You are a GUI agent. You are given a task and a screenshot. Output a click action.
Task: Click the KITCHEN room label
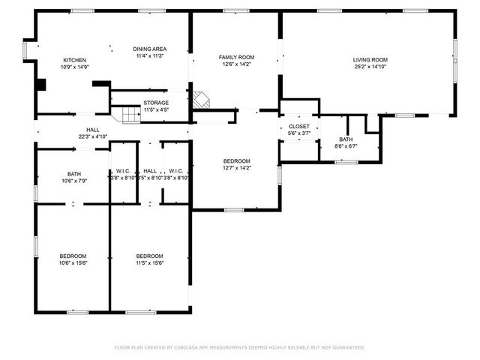click(75, 60)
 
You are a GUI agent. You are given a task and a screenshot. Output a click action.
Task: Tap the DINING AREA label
click(150, 48)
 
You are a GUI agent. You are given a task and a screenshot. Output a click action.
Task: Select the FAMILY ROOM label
click(236, 57)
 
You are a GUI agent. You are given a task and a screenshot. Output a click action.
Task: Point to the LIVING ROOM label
click(370, 60)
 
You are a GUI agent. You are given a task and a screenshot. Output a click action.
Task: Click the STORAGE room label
click(156, 103)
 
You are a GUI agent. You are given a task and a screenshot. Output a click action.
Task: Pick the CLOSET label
click(299, 127)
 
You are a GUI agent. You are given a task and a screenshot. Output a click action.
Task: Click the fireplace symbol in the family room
click(200, 100)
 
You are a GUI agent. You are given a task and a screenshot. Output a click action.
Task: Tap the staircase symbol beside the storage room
click(120, 114)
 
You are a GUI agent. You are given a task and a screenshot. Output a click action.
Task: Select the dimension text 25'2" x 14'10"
click(370, 67)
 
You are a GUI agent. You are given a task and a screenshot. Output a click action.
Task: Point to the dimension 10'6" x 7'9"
click(73, 180)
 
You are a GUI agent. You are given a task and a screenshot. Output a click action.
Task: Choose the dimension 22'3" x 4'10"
click(93, 136)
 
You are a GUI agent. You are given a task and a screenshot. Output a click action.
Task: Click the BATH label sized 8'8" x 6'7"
click(346, 139)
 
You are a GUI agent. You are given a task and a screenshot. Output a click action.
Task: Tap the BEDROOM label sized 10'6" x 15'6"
click(73, 256)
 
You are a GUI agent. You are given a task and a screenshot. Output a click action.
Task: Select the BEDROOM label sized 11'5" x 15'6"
click(150, 256)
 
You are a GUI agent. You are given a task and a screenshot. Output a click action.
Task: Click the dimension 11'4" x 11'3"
click(150, 55)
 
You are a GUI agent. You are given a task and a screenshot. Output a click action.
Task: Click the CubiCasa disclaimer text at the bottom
click(240, 347)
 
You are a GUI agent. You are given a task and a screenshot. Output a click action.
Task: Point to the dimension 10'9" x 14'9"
click(75, 67)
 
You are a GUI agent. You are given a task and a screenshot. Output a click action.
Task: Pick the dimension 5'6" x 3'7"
click(299, 133)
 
